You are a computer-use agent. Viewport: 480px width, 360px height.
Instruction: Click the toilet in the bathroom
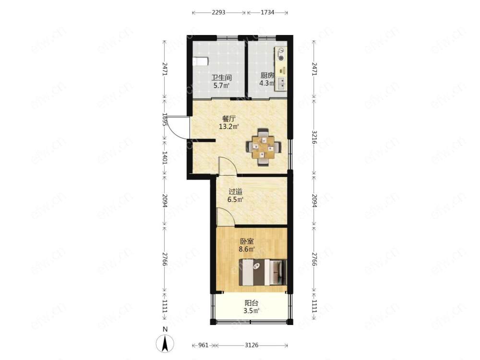pyautogui.click(x=201, y=61)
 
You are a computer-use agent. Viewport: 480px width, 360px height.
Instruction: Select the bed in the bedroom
pyautogui.click(x=263, y=272)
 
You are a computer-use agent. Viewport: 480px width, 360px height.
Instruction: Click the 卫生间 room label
pyautogui.click(x=221, y=77)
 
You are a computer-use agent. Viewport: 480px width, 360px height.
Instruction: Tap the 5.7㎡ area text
pyautogui.click(x=221, y=85)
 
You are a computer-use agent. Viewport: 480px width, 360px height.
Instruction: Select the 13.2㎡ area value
pyautogui.click(x=228, y=126)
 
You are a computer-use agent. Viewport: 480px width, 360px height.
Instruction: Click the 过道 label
pyautogui.click(x=235, y=192)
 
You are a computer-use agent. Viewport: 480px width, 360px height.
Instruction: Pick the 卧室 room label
pyautogui.click(x=247, y=241)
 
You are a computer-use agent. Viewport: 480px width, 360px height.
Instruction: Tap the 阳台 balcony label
pyautogui.click(x=252, y=303)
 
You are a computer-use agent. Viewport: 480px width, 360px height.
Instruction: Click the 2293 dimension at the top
pyautogui.click(x=218, y=12)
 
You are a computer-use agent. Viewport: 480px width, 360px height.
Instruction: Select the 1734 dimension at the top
pyautogui.click(x=267, y=12)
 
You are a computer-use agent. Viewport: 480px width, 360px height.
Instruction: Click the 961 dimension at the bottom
pyautogui.click(x=203, y=345)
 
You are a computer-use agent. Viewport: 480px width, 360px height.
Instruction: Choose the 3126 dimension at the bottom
pyautogui.click(x=252, y=345)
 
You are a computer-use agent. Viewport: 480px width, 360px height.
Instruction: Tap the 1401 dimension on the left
pyautogui.click(x=165, y=158)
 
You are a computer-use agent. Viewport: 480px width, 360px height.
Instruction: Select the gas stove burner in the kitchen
pyautogui.click(x=281, y=58)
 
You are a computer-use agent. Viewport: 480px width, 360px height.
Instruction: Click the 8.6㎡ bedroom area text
pyautogui.click(x=247, y=249)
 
